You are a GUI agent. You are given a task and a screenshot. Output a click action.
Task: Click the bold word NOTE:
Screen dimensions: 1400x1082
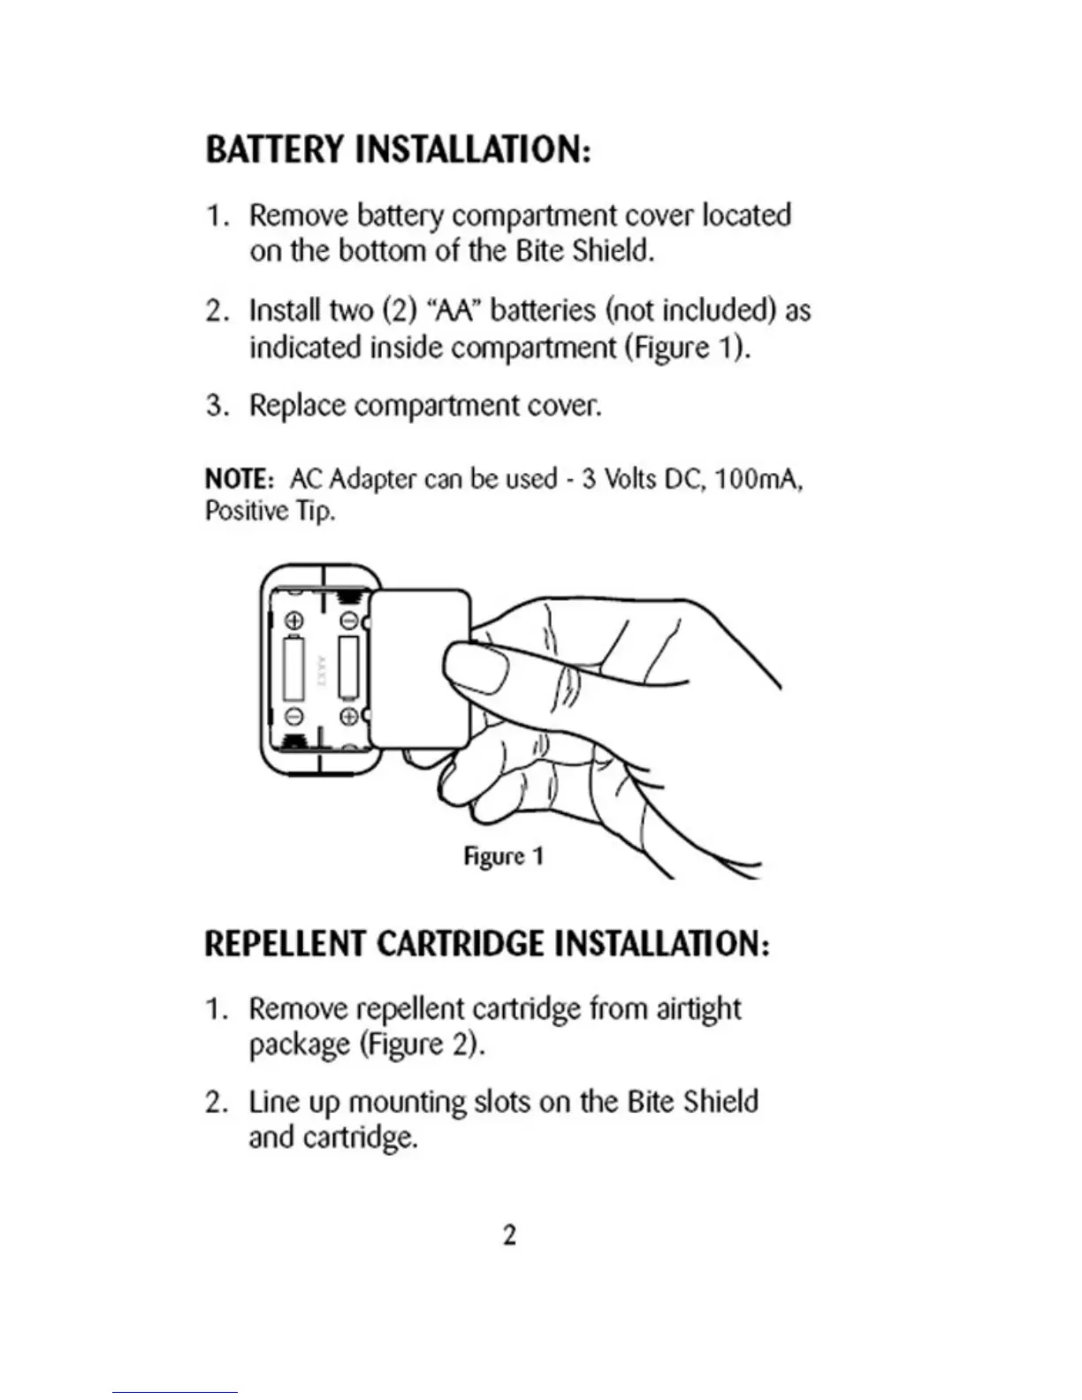(235, 479)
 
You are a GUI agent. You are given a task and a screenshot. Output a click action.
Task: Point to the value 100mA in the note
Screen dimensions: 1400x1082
(758, 479)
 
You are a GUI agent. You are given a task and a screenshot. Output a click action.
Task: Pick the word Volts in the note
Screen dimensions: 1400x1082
(629, 479)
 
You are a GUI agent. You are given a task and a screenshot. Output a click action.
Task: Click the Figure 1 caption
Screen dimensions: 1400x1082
(503, 856)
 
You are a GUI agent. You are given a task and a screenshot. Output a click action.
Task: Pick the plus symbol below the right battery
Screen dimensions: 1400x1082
(349, 715)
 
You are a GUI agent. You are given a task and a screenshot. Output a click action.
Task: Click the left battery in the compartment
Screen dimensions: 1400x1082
(293, 667)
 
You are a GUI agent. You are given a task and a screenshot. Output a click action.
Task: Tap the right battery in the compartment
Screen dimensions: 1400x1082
(348, 667)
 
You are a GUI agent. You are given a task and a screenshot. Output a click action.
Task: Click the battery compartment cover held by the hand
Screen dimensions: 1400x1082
(417, 669)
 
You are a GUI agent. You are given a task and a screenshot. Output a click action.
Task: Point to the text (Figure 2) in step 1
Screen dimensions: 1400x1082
(422, 1045)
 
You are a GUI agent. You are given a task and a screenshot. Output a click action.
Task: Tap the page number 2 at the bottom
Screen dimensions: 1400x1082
(509, 1235)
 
